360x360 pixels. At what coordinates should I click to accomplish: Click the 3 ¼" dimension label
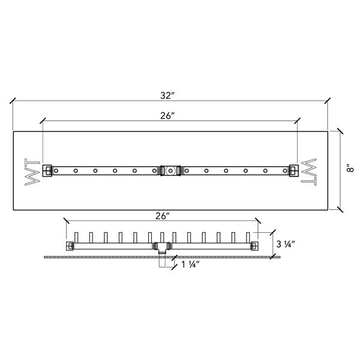click(x=286, y=244)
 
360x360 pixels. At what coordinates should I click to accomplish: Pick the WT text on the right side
click(x=308, y=171)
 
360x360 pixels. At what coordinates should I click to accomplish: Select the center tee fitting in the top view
click(x=170, y=171)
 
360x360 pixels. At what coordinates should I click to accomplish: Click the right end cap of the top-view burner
click(x=293, y=170)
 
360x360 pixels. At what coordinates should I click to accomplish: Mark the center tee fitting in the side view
click(x=162, y=245)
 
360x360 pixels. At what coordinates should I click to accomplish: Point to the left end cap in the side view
click(x=70, y=246)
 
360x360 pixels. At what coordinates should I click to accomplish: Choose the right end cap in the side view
click(x=254, y=246)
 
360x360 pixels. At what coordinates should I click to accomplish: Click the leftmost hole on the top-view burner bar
click(x=57, y=171)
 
